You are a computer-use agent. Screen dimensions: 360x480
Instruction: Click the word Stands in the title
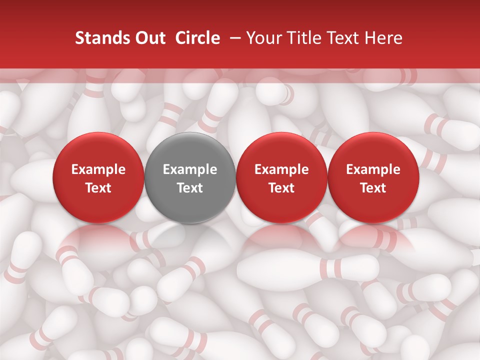click(x=98, y=38)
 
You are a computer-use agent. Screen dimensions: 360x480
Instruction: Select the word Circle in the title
click(x=197, y=38)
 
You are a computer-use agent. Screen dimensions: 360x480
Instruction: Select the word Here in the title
click(x=383, y=38)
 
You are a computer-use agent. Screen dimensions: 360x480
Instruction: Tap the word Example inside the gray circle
click(x=190, y=169)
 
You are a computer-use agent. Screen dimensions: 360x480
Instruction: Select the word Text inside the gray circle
click(x=190, y=188)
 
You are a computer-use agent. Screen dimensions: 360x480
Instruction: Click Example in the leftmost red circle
click(x=98, y=169)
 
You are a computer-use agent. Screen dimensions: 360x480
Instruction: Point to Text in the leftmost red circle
click(x=98, y=188)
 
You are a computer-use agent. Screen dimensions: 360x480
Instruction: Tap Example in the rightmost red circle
click(x=373, y=169)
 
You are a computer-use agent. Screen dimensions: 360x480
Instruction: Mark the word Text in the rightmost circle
click(x=373, y=188)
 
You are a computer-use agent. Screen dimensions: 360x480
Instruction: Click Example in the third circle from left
click(x=282, y=169)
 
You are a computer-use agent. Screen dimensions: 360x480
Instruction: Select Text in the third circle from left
click(x=282, y=188)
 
